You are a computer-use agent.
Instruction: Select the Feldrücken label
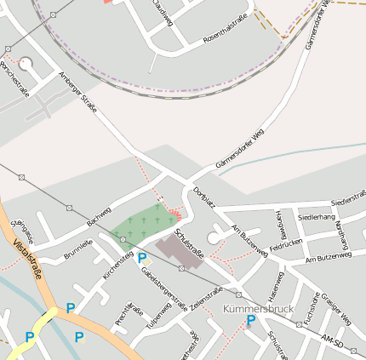tap(286, 244)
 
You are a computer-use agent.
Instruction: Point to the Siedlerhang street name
tap(317, 218)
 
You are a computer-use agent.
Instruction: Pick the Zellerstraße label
tap(202, 311)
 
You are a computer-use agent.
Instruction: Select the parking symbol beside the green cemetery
tap(142, 257)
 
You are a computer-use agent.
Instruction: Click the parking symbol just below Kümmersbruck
tap(250, 320)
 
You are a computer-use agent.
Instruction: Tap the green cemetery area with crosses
tap(141, 225)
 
